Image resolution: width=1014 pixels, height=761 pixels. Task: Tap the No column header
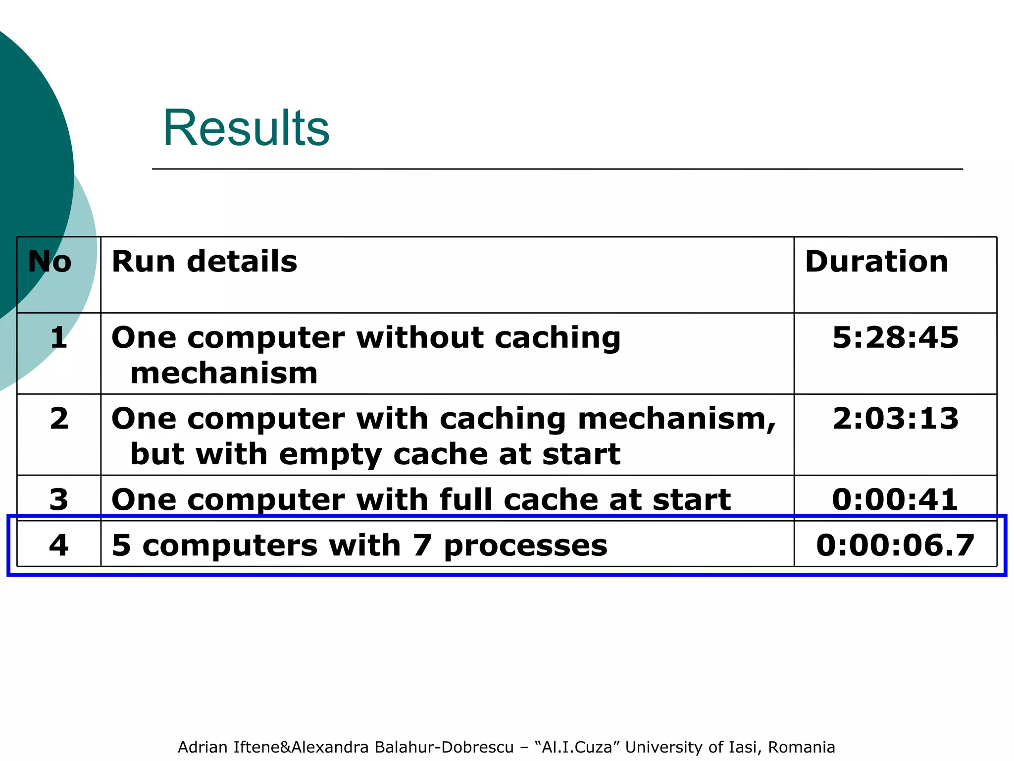pyautogui.click(x=50, y=262)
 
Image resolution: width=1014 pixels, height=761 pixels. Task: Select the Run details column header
pyautogui.click(x=204, y=262)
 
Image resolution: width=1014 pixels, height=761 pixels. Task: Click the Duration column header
pyautogui.click(x=876, y=262)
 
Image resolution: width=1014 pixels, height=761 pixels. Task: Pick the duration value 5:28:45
pyautogui.click(x=895, y=338)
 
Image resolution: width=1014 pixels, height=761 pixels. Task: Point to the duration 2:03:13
pyautogui.click(x=895, y=419)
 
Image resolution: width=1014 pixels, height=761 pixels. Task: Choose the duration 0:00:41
pyautogui.click(x=895, y=499)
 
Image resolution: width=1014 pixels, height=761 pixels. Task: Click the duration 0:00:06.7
pyautogui.click(x=895, y=545)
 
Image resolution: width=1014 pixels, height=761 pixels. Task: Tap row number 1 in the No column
pyautogui.click(x=59, y=338)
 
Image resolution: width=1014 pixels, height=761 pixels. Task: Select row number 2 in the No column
pyautogui.click(x=59, y=419)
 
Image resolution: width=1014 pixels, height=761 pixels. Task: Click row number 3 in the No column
pyautogui.click(x=59, y=499)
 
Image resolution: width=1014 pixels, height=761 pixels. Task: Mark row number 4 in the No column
pyautogui.click(x=59, y=545)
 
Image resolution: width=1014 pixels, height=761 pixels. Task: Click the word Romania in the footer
pyautogui.click(x=801, y=747)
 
